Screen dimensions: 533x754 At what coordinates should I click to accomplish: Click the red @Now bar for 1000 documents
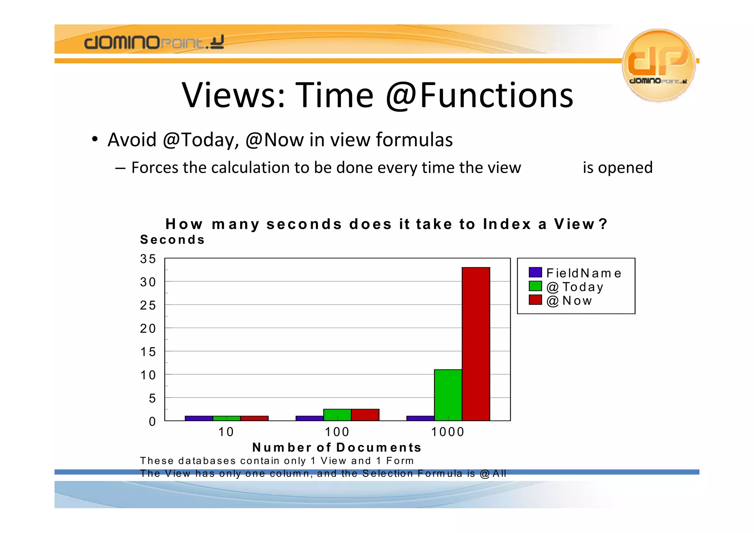click(x=476, y=344)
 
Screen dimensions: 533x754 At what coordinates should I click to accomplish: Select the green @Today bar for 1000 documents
click(x=448, y=395)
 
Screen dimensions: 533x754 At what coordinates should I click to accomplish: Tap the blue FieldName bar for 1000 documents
click(x=420, y=418)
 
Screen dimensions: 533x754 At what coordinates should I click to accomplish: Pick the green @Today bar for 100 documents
click(x=337, y=414)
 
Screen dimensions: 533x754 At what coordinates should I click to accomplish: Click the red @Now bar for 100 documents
click(x=365, y=414)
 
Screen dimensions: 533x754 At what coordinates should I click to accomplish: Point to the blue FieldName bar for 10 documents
click(x=199, y=418)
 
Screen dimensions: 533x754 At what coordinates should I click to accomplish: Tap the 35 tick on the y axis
click(x=148, y=259)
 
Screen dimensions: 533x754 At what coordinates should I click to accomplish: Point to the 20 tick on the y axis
click(x=148, y=328)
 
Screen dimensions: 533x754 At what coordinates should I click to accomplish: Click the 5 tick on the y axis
click(x=152, y=398)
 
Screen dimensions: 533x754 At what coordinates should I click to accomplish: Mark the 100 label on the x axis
click(x=337, y=432)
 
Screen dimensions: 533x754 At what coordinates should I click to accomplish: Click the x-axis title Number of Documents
click(x=337, y=447)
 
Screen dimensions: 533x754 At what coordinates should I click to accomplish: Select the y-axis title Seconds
click(x=172, y=240)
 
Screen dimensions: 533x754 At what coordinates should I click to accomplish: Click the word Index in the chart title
click(x=507, y=224)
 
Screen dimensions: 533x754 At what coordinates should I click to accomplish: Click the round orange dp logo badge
click(x=658, y=65)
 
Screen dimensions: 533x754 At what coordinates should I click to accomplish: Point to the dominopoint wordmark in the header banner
click(x=154, y=42)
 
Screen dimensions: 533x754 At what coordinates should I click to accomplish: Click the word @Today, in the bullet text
click(x=201, y=140)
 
